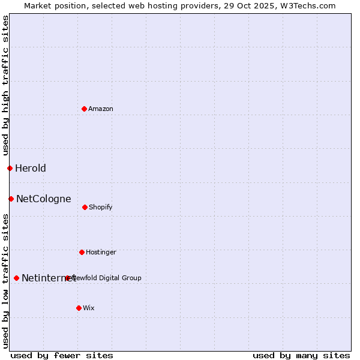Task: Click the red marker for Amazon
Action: coord(85,109)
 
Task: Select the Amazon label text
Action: coord(101,109)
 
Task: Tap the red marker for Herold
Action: coord(10,168)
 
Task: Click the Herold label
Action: coord(31,168)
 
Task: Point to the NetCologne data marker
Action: coord(11,199)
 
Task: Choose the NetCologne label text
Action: coord(44,199)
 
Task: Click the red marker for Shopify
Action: coord(85,207)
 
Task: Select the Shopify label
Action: coord(101,207)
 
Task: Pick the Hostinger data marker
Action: coord(82,252)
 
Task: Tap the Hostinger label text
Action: coord(101,252)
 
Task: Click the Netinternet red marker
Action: coord(16,278)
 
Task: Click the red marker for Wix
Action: coord(79,308)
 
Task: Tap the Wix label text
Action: coord(89,308)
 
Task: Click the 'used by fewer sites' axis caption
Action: coord(62,355)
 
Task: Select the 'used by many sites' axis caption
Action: coord(301,355)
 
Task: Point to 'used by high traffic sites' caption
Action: coord(5,85)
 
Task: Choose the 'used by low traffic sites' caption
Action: coord(5,281)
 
